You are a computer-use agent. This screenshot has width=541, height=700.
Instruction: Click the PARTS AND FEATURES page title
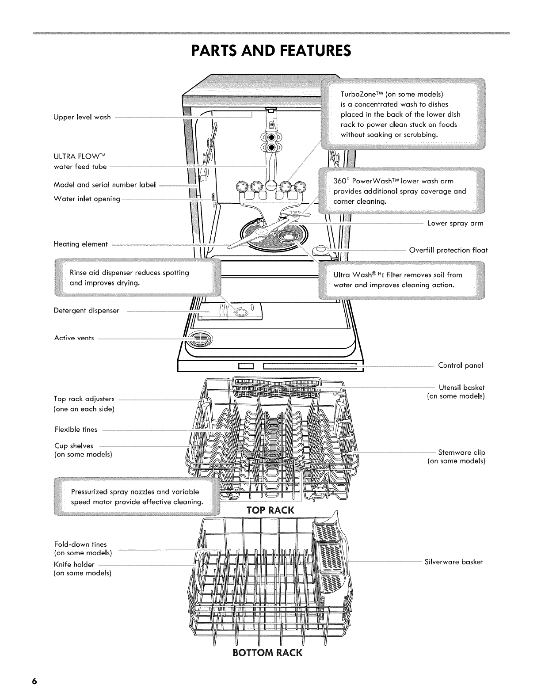click(270, 50)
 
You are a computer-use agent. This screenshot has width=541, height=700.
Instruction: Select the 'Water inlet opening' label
click(87, 199)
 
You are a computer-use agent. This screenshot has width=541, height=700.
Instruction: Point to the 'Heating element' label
click(80, 244)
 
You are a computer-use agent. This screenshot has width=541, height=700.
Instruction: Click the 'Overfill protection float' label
click(448, 250)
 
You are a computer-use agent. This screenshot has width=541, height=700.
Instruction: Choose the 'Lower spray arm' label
click(455, 223)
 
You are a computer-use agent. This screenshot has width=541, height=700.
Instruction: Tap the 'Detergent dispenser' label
click(87, 311)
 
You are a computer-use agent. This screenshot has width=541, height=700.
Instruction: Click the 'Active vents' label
click(74, 338)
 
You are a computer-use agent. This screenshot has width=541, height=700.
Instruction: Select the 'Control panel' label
click(460, 365)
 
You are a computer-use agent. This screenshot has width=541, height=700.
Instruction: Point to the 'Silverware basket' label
click(453, 562)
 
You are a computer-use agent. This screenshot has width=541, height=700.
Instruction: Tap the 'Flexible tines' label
click(76, 430)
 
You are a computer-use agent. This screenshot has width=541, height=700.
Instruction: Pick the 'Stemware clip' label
click(461, 453)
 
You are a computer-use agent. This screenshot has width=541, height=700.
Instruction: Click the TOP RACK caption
click(263, 510)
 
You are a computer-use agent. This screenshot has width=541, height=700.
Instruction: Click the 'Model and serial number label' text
click(105, 185)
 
